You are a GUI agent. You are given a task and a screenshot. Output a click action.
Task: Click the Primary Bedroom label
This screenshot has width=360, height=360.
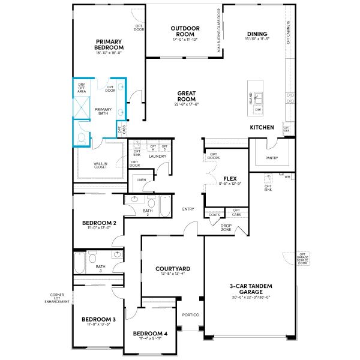click(x=109, y=45)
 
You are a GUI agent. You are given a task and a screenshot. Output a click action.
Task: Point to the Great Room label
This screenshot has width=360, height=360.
click(x=187, y=96)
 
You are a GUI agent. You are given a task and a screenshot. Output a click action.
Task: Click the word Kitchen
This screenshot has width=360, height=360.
click(x=262, y=128)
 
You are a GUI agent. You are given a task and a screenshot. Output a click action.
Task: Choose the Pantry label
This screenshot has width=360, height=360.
click(x=271, y=158)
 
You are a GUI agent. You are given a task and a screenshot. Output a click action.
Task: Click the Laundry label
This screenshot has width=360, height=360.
click(x=158, y=157)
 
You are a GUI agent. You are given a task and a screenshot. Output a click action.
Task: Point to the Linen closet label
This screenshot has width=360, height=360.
click(x=141, y=180)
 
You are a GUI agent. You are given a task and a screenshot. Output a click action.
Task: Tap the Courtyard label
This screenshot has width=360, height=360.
click(x=173, y=269)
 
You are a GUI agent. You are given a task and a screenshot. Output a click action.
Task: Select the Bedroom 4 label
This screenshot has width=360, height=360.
click(x=150, y=334)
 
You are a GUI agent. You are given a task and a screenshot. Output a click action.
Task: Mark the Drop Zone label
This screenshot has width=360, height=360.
click(x=226, y=227)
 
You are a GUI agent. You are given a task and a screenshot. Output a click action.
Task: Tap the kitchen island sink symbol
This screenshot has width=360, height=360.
click(x=259, y=98)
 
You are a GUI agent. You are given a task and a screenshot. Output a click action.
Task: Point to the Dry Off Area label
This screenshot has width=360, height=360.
click(x=82, y=88)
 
